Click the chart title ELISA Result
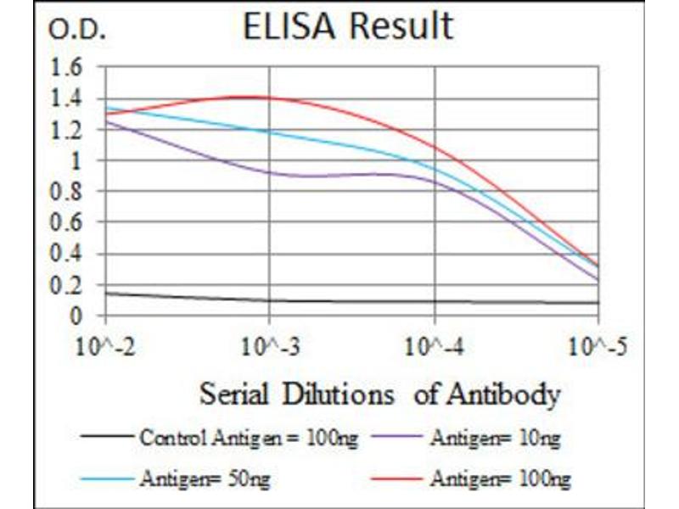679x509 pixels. point(347,27)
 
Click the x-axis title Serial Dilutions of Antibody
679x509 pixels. point(379,394)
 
